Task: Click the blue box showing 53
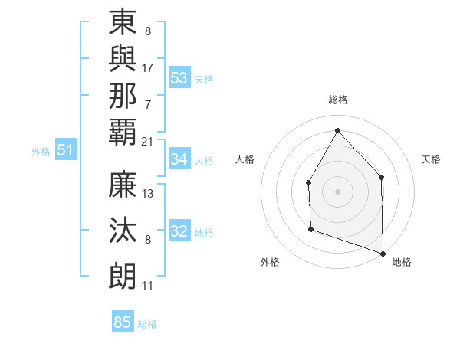[179, 77]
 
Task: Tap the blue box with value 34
[179, 159]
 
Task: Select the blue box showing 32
[179, 231]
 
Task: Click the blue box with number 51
[65, 150]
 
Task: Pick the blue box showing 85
[123, 322]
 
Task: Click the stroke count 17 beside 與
[148, 67]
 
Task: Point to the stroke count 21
[148, 141]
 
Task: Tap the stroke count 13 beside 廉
[148, 194]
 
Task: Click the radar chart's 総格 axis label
[337, 100]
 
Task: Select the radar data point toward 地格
[383, 253]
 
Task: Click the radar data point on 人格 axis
[308, 182]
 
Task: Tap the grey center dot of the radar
[337, 191]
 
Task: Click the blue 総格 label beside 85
[147, 324]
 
